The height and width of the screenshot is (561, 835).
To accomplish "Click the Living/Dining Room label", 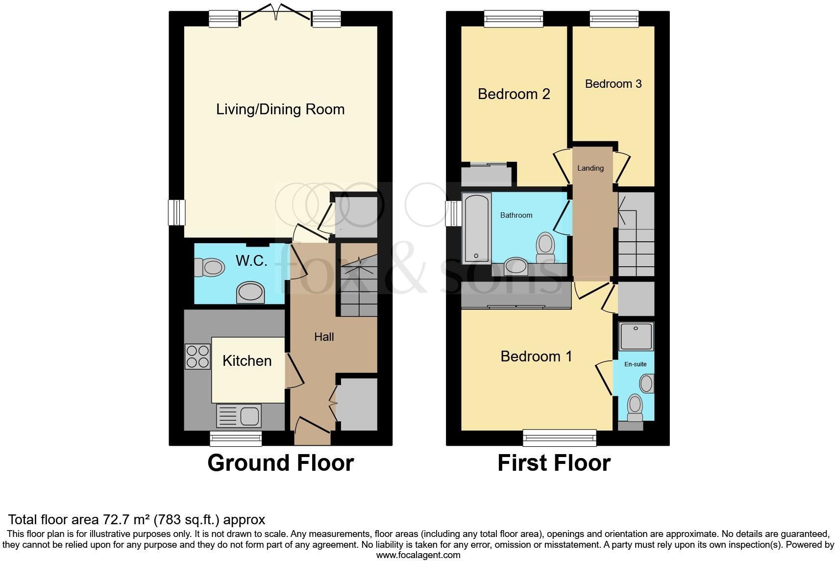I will point(280,109).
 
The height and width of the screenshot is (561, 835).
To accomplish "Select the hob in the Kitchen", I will point(197,357).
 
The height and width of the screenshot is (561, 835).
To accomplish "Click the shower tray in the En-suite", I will point(636,336).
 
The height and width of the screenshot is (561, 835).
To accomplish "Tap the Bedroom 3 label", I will point(613,84).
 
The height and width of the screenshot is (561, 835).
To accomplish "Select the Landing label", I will point(590,168).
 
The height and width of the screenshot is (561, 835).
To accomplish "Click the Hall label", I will point(324,337).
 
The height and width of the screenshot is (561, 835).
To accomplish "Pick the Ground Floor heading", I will point(280,463).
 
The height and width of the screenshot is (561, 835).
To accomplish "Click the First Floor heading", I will point(554,463).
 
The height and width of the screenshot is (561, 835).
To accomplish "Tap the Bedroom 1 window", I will point(560,438).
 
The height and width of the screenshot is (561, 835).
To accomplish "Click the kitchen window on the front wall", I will point(236,438).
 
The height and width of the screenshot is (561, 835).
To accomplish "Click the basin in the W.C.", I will point(250,293).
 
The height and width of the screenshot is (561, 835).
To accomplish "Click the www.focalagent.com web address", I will point(418,555).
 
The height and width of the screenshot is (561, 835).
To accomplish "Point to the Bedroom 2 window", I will point(514,19).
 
